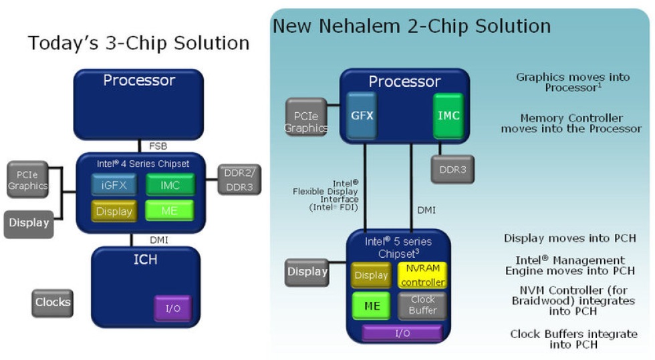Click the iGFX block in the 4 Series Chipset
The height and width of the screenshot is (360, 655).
[114, 184]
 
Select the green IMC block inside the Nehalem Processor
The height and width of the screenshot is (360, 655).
[448, 116]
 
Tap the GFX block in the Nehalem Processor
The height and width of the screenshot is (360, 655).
[362, 116]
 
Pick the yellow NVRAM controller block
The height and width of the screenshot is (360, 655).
[422, 275]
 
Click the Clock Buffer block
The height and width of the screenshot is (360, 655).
[422, 305]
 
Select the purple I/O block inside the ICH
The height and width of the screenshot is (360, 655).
[173, 308]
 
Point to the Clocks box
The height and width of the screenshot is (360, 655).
[53, 303]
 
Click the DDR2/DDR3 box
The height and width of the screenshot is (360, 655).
[239, 180]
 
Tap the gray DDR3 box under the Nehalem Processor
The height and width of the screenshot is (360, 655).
[452, 170]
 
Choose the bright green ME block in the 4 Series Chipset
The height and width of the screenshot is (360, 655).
[169, 210]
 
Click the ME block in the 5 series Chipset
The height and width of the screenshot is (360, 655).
[372, 306]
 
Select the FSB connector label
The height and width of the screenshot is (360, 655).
[158, 146]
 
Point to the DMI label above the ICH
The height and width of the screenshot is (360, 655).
[159, 240]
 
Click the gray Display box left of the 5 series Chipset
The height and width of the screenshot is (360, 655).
[307, 273]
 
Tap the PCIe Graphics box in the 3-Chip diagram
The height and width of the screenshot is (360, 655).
[27, 180]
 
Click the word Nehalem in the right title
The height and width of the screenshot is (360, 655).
[360, 26]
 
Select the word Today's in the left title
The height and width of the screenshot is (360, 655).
[63, 43]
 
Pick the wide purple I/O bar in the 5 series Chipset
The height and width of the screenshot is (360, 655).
[402, 333]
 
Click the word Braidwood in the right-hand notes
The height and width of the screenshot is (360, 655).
[543, 301]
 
